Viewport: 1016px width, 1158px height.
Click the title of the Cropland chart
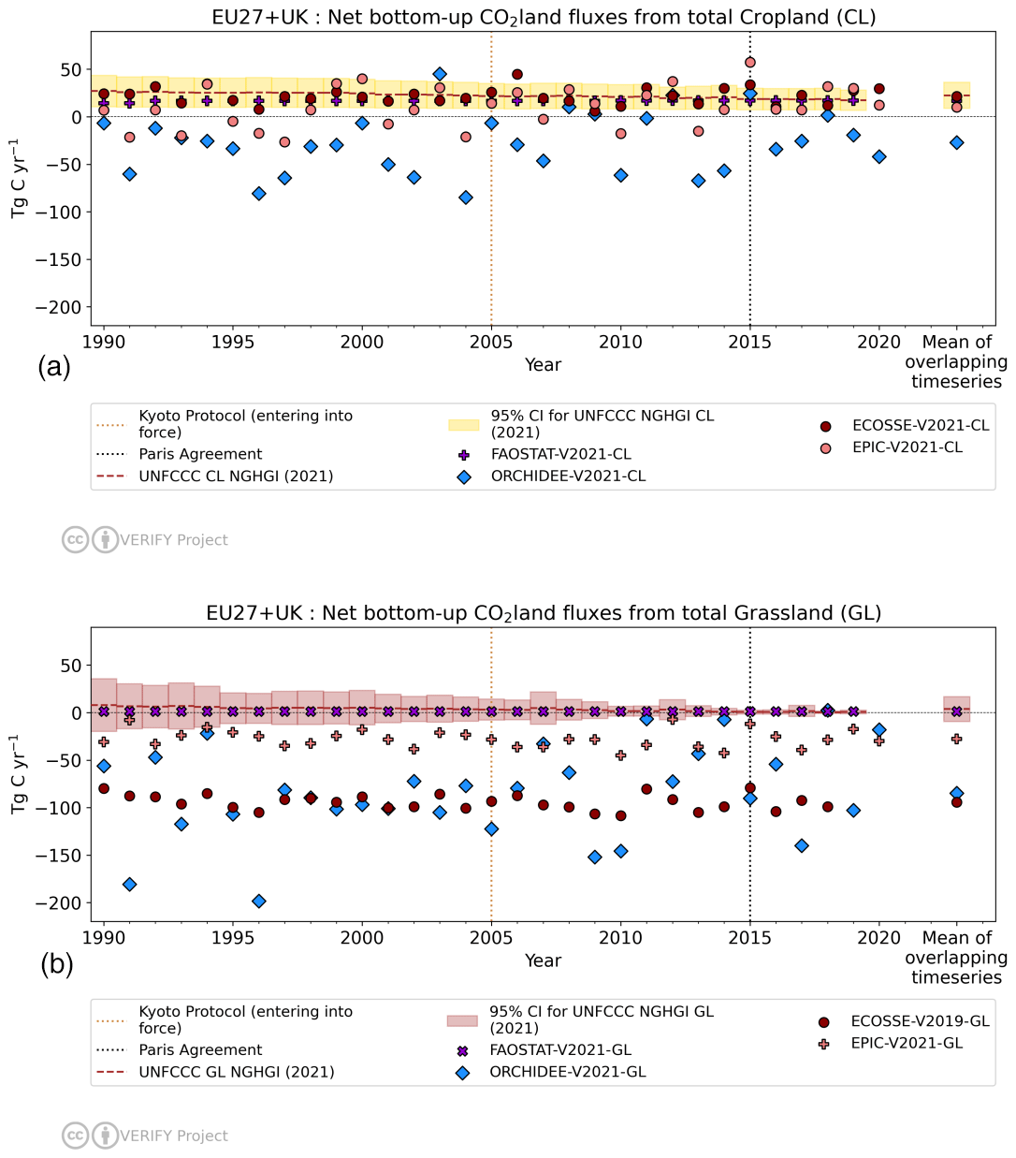543,17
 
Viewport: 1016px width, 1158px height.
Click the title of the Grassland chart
543,613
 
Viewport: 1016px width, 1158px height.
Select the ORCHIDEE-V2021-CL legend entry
568,476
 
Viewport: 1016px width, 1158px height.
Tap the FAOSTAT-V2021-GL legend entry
559,1050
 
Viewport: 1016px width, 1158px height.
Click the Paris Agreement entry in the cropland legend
200,454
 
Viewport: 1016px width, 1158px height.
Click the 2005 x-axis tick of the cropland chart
491,343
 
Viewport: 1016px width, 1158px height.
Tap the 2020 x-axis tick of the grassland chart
878,938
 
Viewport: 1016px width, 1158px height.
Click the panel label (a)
54,367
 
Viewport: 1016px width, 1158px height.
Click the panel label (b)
57,963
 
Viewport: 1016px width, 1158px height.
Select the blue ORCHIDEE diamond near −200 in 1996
259,901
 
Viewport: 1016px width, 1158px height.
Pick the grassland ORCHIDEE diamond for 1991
129,885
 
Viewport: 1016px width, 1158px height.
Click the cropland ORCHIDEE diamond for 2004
466,198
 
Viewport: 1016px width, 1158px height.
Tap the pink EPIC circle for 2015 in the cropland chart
749,63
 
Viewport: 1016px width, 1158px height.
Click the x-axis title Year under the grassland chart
543,960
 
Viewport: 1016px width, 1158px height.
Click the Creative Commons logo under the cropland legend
75,539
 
